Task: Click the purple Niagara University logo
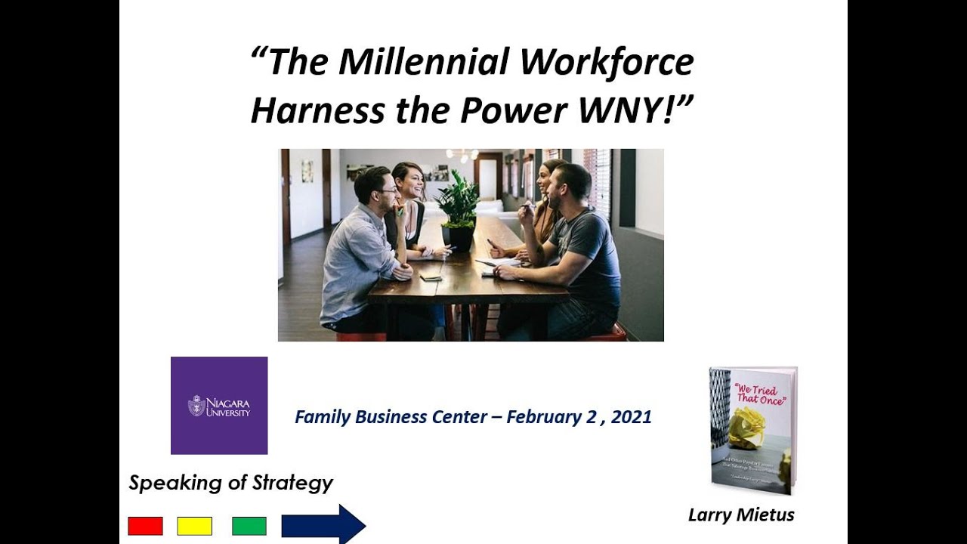point(219,406)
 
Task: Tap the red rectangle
point(145,526)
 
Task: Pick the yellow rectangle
point(194,526)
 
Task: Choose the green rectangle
point(249,526)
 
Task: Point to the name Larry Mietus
point(741,515)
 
